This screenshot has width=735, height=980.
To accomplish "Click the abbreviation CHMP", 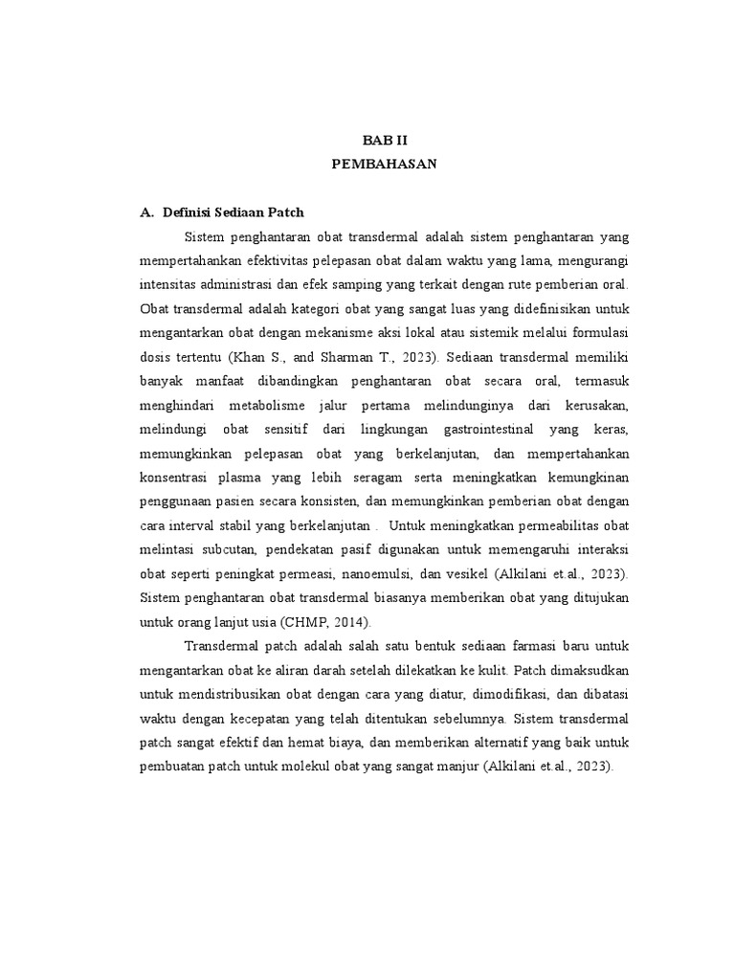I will click(276, 622).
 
